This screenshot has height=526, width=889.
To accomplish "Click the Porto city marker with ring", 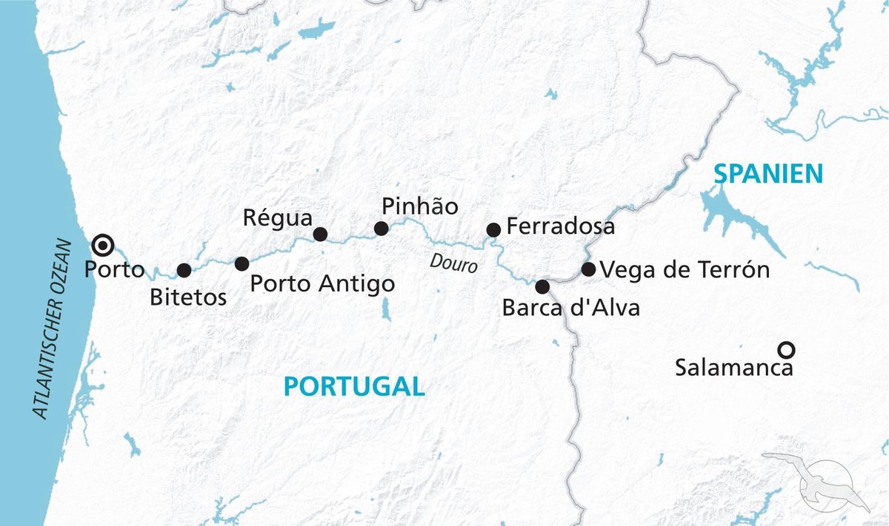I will click(x=103, y=245).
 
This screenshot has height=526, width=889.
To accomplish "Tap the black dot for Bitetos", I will click(x=184, y=271).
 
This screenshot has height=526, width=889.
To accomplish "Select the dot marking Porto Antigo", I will click(x=242, y=263).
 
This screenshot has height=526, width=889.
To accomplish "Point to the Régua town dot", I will click(x=320, y=234).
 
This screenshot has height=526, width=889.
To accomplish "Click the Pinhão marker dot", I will click(x=381, y=229).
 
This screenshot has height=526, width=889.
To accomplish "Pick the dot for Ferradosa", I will click(x=493, y=230).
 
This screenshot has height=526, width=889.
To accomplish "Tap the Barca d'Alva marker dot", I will click(x=542, y=286).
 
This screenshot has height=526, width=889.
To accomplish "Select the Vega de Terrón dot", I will click(x=588, y=269).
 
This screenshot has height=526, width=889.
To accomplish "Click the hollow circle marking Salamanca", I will click(x=786, y=348).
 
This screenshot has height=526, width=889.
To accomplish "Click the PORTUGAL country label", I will click(x=354, y=385).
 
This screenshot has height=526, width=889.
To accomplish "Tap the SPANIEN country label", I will click(x=768, y=174).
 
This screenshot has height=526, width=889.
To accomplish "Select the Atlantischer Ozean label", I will click(x=53, y=329).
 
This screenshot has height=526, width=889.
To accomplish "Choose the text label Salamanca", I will click(x=733, y=367).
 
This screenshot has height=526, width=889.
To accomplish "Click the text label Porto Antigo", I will click(x=322, y=283).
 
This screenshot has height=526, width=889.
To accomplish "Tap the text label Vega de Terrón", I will click(x=685, y=270).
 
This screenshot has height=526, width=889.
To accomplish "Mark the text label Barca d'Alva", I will click(x=570, y=307).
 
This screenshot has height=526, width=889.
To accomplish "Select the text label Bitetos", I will click(x=188, y=298).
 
